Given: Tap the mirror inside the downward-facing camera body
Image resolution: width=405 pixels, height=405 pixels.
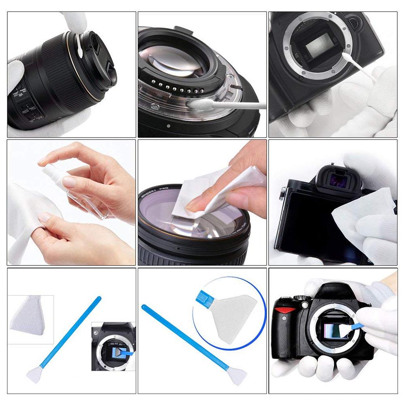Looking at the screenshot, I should [x=319, y=49].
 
